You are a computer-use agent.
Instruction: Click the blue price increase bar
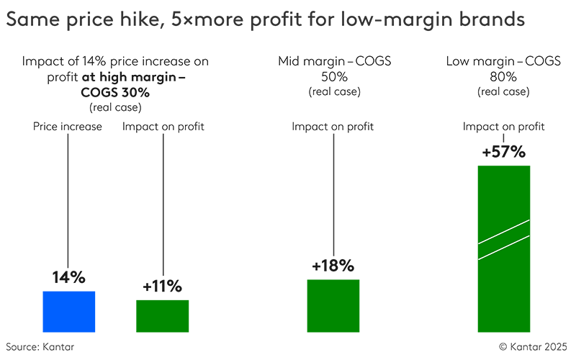click(x=69, y=312)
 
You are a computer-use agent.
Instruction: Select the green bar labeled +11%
click(x=162, y=316)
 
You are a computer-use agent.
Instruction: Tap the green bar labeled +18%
click(x=333, y=306)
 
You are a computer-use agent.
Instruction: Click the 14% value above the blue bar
click(x=69, y=277)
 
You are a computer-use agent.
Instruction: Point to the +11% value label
click(x=163, y=286)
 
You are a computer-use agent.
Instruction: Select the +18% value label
click(x=333, y=265)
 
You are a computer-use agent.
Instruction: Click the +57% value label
click(x=504, y=152)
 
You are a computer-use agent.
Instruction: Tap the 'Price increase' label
click(x=68, y=127)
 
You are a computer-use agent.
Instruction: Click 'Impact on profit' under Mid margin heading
click(x=333, y=127)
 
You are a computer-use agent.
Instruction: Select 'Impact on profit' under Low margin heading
click(x=504, y=127)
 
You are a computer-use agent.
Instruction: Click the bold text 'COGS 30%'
click(x=116, y=92)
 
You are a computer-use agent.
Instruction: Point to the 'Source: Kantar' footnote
click(x=40, y=347)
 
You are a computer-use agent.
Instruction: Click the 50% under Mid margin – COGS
click(x=333, y=77)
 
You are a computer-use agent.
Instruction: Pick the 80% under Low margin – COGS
click(x=504, y=77)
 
